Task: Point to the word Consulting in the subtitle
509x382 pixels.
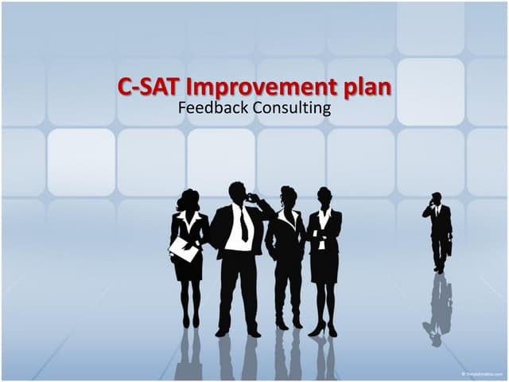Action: pos(291,107)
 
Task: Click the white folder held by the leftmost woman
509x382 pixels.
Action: pos(184,249)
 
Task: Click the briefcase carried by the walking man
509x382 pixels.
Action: pos(449,248)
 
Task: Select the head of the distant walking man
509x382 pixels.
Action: pos(437,198)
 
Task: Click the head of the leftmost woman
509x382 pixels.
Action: pos(188,200)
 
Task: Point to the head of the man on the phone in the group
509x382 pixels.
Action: pos(238,193)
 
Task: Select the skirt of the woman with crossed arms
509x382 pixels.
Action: pos(324,267)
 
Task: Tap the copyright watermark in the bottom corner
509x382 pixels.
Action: pos(482,373)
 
